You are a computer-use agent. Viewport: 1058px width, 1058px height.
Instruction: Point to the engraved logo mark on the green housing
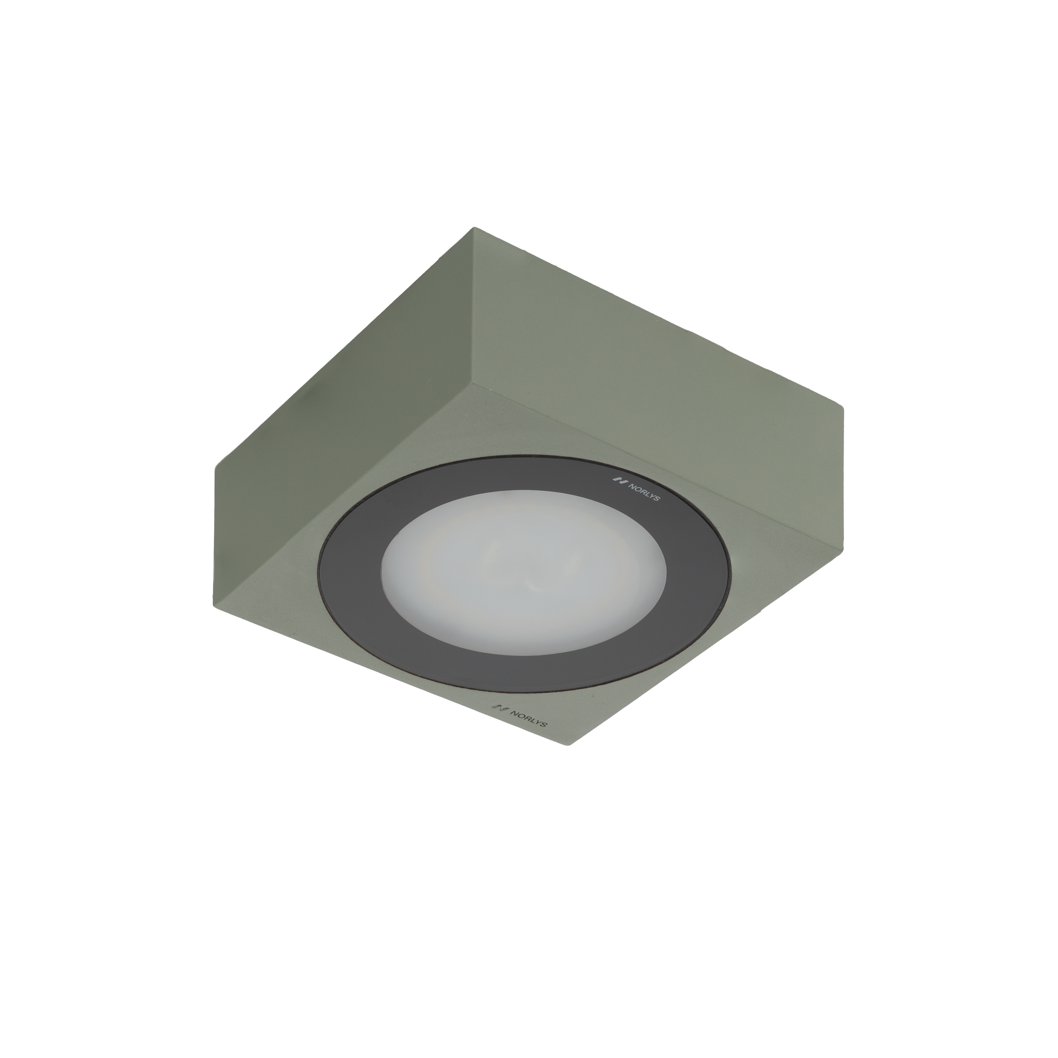[x=498, y=708]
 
